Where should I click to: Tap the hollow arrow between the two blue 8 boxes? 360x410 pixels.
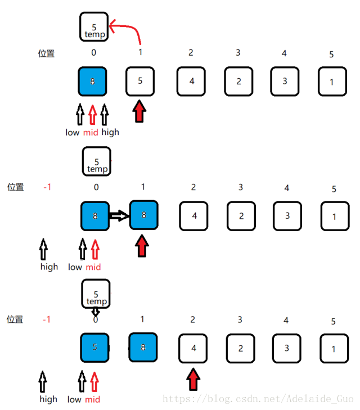coord(118,215)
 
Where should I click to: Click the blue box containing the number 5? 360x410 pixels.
coord(94,348)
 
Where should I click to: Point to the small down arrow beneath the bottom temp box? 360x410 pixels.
coord(95,310)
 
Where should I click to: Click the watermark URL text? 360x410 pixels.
coord(258,399)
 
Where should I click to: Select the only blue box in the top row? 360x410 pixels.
coord(92,82)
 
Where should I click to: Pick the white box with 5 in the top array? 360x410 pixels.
coord(140,81)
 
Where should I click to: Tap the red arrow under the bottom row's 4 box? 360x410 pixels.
coord(193,379)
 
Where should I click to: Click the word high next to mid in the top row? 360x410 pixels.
coord(110,132)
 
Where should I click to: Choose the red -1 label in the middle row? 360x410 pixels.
coord(47,187)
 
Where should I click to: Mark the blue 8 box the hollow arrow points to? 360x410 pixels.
coord(143,215)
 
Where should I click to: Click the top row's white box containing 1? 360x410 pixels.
coord(332,82)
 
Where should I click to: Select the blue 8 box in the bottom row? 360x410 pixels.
coord(143,348)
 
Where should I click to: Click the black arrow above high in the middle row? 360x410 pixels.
coord(44,249)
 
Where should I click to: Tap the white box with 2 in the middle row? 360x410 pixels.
coord(241,215)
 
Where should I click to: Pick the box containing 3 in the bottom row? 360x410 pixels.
coord(286,348)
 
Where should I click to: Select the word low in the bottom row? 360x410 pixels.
coord(74,399)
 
